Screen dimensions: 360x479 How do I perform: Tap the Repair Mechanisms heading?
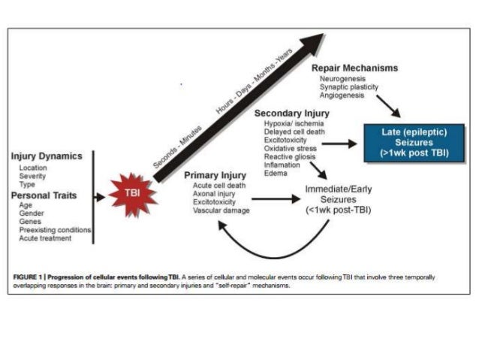354,68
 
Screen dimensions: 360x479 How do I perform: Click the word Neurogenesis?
342,78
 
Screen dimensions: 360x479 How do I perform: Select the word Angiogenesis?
342,95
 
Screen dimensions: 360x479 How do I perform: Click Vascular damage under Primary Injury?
221,210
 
